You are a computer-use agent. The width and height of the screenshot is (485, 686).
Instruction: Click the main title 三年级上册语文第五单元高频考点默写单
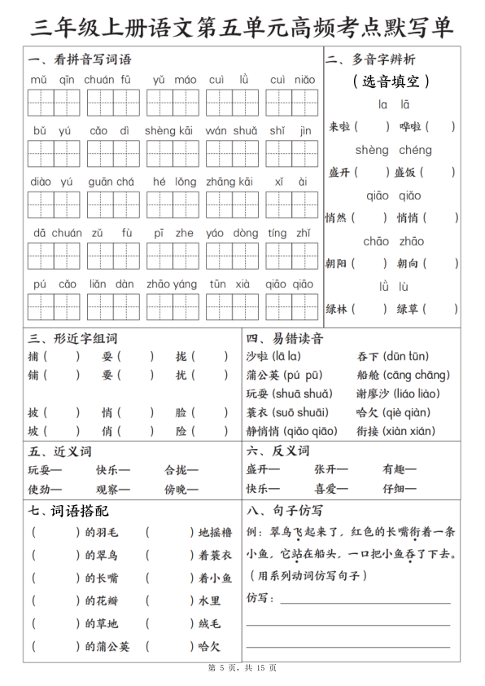(242, 27)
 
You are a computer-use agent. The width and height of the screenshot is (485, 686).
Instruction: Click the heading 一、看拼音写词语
(80, 59)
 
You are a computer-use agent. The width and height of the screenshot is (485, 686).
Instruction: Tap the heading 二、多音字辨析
(371, 59)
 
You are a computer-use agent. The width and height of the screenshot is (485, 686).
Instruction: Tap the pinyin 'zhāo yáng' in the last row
(172, 284)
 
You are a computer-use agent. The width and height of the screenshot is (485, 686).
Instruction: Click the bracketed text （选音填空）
(391, 81)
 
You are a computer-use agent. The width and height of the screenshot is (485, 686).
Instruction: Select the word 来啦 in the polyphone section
(339, 126)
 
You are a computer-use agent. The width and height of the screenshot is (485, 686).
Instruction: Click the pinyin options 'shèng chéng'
(394, 150)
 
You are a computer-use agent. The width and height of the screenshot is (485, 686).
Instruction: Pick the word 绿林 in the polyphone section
(339, 309)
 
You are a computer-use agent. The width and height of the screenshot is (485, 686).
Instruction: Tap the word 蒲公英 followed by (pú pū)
(263, 375)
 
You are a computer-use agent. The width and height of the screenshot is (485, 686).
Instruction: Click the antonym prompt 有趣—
(399, 469)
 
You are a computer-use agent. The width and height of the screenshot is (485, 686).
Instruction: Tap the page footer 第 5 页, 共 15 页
(242, 668)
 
